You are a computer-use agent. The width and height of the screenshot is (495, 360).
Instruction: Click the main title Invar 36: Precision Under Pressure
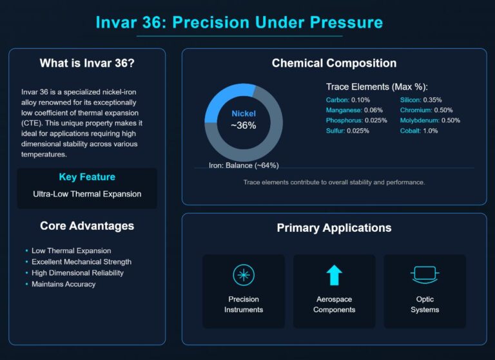pos(239,23)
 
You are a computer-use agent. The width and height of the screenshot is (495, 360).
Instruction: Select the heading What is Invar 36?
pos(87,63)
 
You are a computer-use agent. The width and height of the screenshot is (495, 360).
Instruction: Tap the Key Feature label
pos(87,177)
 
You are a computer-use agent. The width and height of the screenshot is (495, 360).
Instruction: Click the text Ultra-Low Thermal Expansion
pos(87,194)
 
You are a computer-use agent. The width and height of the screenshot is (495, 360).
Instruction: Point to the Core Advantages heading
pos(87,226)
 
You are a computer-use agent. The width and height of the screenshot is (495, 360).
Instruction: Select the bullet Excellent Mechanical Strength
pos(81,262)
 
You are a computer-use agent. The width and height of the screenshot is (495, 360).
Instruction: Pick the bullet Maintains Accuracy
pos(63,284)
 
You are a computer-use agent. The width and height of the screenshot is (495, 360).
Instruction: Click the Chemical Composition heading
pos(334,63)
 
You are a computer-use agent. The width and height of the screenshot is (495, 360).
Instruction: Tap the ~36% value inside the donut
pos(244,126)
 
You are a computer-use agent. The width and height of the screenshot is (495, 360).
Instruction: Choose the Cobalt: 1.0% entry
pos(419,131)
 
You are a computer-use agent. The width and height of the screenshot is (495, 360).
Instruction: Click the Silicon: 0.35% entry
pos(421,100)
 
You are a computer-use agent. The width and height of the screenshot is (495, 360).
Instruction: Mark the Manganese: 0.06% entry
pos(354,110)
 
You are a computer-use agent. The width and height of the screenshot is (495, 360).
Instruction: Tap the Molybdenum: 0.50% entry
pos(430,120)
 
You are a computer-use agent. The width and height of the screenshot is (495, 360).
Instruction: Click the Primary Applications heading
pos(334,228)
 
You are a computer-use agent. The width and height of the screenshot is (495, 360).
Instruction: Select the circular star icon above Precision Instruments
pos(244,276)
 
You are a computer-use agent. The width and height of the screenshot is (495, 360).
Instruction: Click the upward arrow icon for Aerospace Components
pos(334,276)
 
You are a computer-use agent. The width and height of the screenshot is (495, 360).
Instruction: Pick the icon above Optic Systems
pos(425,276)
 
